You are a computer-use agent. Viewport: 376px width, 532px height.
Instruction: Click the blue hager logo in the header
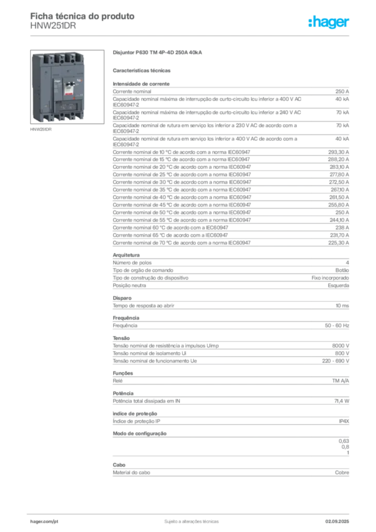point(330,23)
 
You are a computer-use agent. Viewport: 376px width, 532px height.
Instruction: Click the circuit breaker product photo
point(58,88)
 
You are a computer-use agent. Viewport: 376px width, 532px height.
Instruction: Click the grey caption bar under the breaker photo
point(42,130)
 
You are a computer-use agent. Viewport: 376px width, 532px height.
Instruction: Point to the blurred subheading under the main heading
point(143,70)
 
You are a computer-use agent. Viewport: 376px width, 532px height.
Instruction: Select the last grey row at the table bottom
point(231,472)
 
